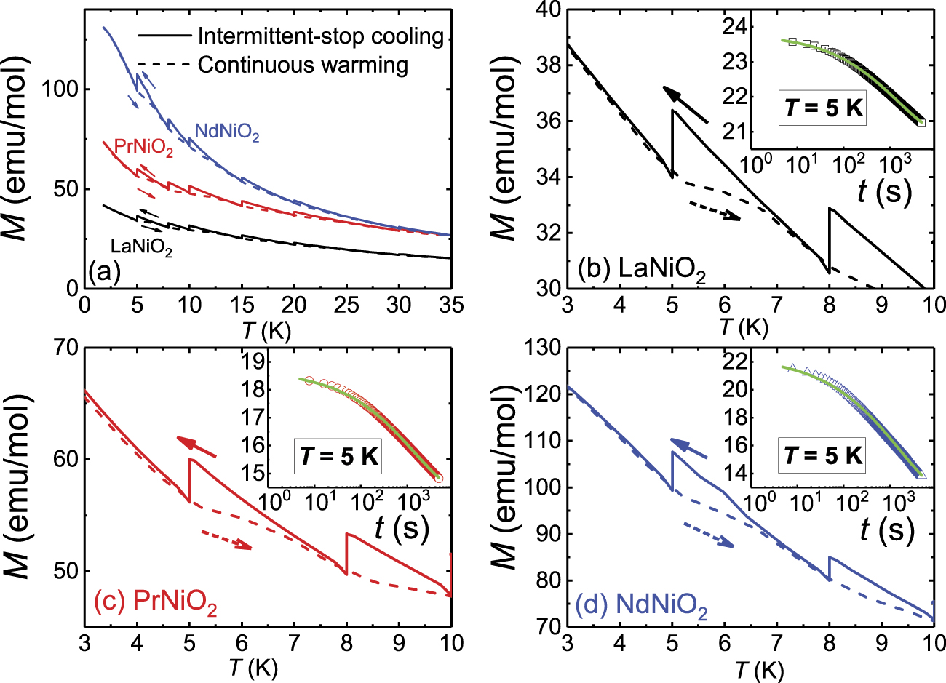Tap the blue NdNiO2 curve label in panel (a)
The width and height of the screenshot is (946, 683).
(226, 132)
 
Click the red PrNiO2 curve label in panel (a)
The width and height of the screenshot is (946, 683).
(143, 148)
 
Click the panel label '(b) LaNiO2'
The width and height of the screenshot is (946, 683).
(641, 271)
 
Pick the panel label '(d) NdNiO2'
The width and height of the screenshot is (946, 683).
(641, 605)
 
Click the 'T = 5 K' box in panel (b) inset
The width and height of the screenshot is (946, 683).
(823, 108)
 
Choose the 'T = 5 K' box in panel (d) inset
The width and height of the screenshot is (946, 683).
(823, 455)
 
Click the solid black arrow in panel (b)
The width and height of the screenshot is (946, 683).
(685, 104)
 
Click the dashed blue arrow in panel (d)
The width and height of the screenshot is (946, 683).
(709, 535)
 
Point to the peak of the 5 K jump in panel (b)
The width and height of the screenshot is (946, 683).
(672, 111)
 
